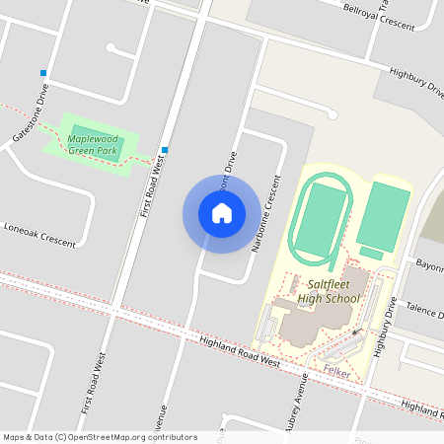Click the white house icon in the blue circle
(x=222, y=213)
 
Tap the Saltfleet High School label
(x=329, y=290)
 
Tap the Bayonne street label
(x=429, y=265)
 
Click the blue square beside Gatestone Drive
(x=43, y=73)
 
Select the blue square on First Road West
(x=164, y=150)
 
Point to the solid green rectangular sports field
(x=383, y=215)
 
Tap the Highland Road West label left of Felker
(x=239, y=350)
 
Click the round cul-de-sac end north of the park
(x=111, y=46)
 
